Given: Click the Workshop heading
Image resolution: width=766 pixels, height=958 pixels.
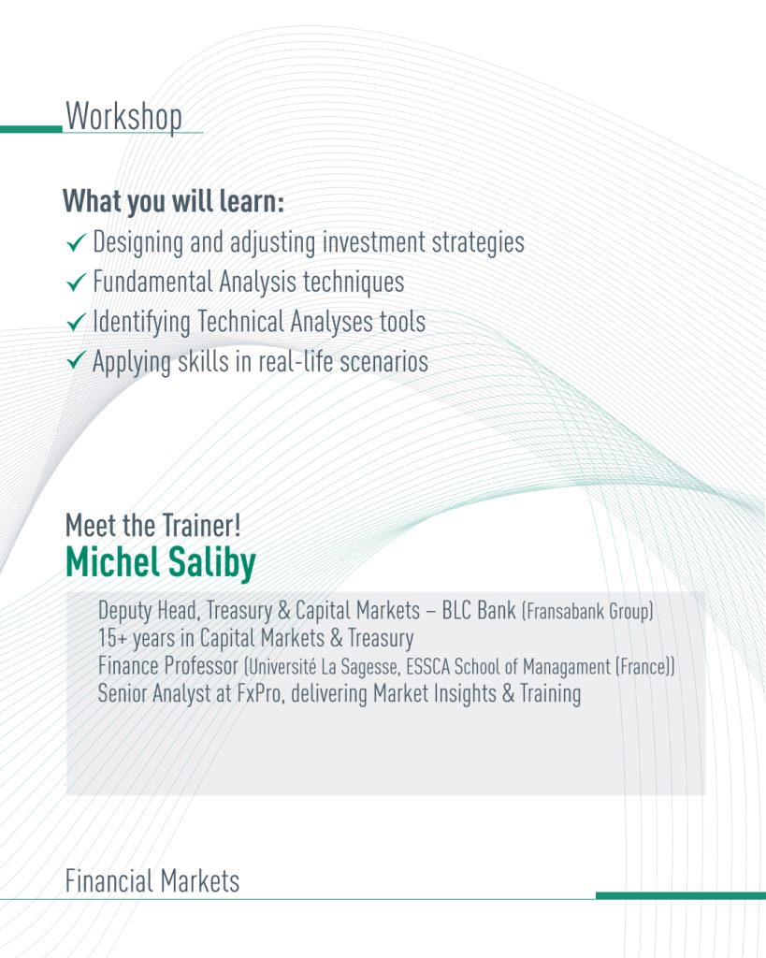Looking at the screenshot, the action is coord(124,116).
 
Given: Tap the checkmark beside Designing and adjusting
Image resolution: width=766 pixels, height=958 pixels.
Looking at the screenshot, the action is coord(76,242).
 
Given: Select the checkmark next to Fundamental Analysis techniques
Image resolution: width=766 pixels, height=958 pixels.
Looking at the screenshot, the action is coord(76,283).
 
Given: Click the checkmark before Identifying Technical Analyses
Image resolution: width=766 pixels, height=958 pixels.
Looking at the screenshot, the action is coord(76,322).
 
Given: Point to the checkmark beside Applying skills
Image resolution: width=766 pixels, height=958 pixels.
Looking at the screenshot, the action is coord(76,362).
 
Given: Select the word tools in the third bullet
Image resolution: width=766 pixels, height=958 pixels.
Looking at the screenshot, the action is coord(402,322).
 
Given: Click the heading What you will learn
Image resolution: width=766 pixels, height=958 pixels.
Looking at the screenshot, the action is coord(173,201).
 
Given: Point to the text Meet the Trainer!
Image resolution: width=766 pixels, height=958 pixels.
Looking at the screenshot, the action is coord(153,526).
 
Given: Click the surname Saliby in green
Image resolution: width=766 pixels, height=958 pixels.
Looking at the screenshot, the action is coord(211,562).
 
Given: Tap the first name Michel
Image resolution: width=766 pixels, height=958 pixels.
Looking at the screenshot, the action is coord(113,561).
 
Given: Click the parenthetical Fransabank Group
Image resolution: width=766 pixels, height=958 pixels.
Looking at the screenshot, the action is coord(587,611).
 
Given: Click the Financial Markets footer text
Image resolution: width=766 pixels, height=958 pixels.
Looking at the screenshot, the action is coord(152,881).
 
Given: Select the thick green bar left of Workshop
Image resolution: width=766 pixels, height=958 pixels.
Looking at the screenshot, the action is coord(31,129).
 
